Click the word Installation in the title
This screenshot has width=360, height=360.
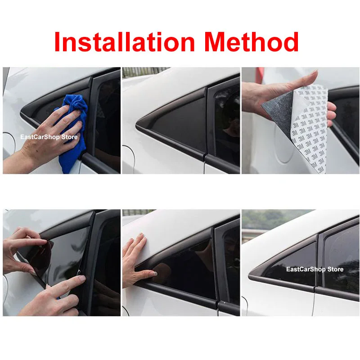(x=123, y=42)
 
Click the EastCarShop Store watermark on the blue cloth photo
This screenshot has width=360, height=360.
(x=49, y=137)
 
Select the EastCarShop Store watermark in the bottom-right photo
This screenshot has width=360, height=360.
(x=315, y=270)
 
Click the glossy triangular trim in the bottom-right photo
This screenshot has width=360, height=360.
(x=288, y=265)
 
